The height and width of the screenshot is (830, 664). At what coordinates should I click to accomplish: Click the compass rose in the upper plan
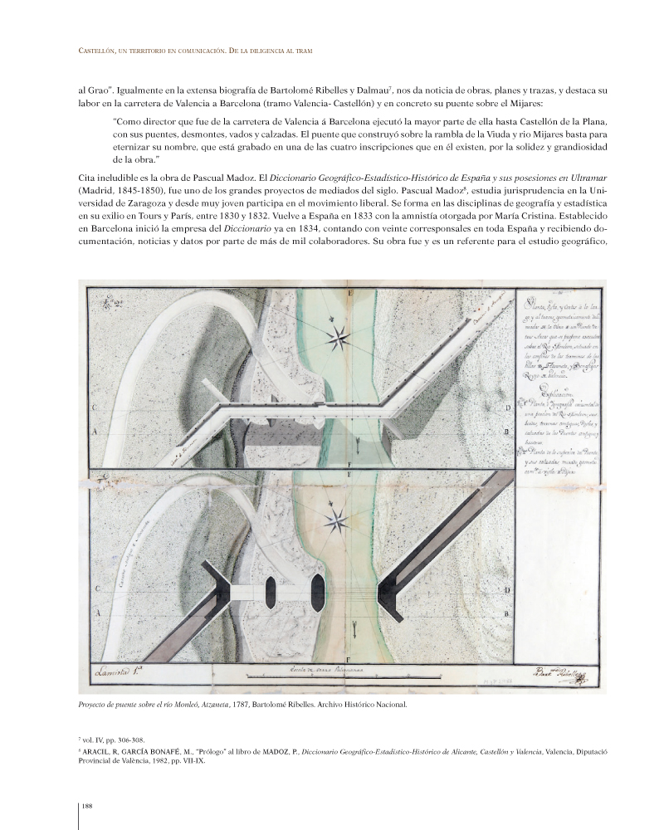339,336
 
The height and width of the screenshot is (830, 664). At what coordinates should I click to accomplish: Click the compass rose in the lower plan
339,521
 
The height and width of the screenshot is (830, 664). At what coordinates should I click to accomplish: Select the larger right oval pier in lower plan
317,592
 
